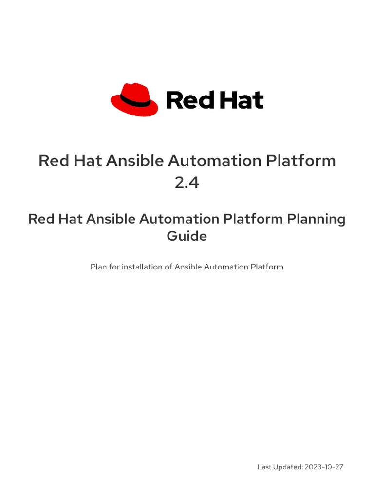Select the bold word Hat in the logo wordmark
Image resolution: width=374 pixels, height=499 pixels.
240,100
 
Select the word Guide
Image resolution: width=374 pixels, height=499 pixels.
187,236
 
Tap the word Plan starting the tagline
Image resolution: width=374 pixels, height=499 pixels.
98,267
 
